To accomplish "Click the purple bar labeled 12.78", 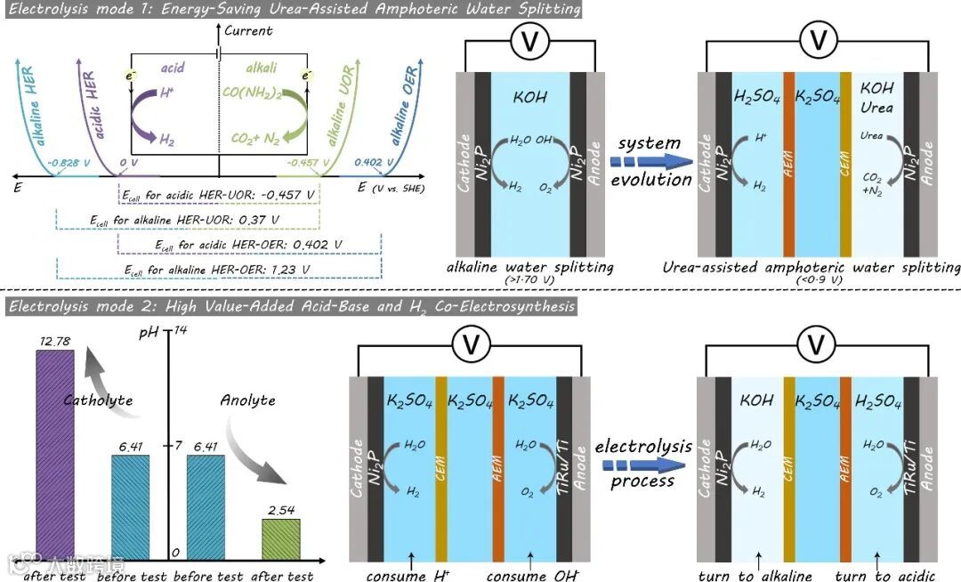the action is [x=54, y=454].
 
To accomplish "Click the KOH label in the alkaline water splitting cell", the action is [x=529, y=98].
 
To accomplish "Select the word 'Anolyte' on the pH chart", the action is [x=247, y=400].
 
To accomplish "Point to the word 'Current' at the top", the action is [x=248, y=30].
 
